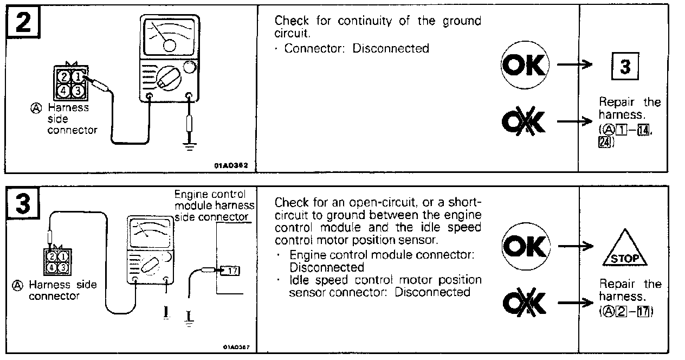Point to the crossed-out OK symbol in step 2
point(524,123)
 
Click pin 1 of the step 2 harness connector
point(76,77)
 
